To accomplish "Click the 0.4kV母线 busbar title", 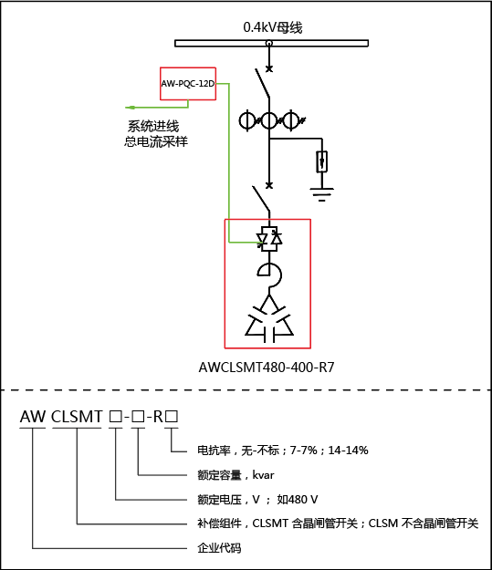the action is [273, 27].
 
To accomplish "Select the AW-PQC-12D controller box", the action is [188, 84].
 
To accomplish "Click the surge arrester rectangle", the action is [321, 161].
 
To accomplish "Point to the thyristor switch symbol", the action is [269, 239].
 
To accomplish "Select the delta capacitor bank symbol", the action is [269, 319].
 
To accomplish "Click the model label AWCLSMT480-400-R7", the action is [267, 368].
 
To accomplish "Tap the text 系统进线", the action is [153, 126].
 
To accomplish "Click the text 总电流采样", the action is [156, 141].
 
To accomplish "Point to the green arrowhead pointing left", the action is [130, 108].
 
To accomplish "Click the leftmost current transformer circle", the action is [247, 120].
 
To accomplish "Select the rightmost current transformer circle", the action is [291, 120].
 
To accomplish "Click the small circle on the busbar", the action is [269, 43].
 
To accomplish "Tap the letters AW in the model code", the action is [33, 417].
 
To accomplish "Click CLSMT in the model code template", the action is [77, 417].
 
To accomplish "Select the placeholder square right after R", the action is [172, 417].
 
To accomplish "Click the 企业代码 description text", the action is [219, 548].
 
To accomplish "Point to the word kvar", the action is [263, 475].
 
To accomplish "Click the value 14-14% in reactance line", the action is [349, 451].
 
